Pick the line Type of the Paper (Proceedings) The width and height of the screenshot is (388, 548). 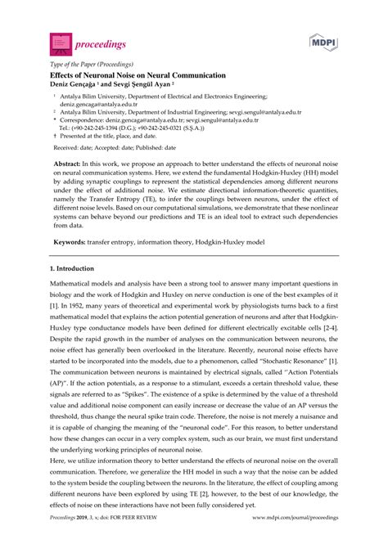coord(81,61)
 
